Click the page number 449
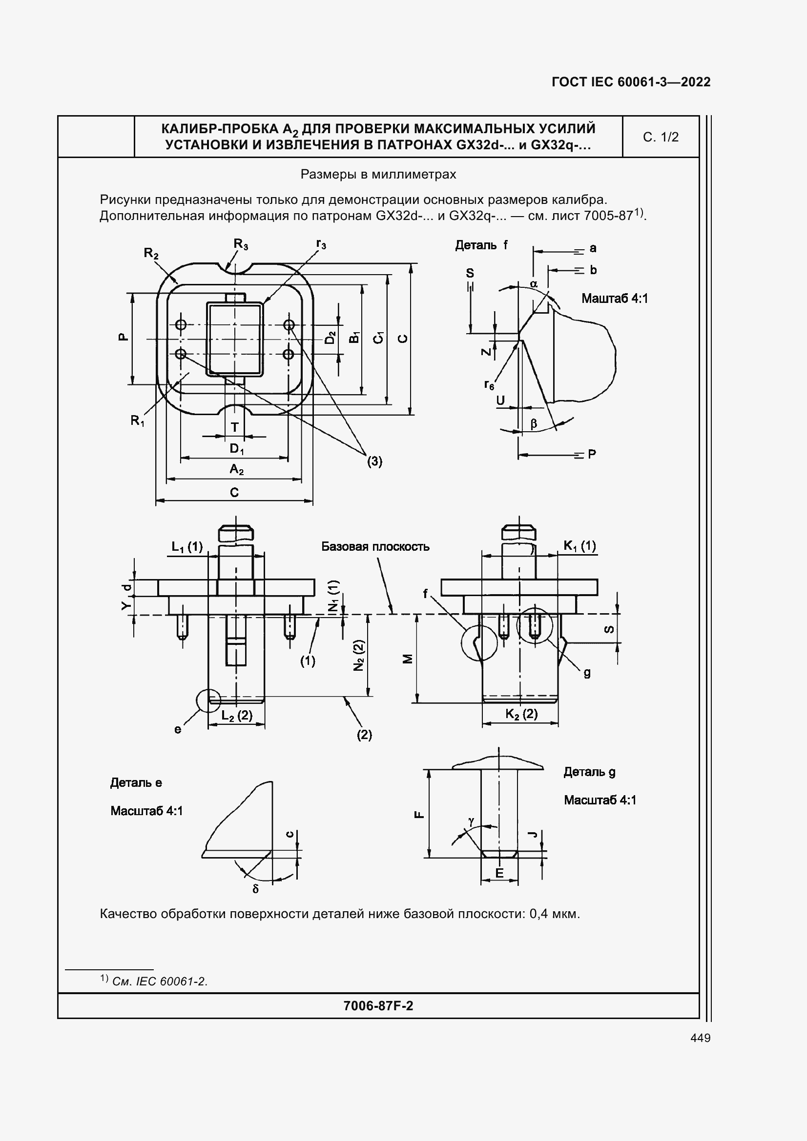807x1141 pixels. coord(700,1038)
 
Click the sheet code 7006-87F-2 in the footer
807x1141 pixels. coord(378,1006)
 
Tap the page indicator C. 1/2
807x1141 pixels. coord(661,137)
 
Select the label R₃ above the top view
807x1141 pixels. coord(241,244)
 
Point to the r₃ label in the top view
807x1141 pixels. coord(321,244)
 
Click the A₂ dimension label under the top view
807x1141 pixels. coord(237,469)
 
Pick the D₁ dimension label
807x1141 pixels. coord(237,449)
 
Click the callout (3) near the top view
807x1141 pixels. coord(374,461)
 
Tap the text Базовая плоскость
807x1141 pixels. coord(375,547)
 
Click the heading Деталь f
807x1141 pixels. coord(481,245)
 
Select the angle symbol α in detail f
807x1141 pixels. coord(534,284)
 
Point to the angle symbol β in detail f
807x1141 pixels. coord(534,423)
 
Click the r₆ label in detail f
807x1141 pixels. coord(489,384)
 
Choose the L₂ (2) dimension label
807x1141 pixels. coord(237,715)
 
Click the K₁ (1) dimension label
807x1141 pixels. coord(579,546)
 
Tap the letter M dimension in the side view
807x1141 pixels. coord(407,659)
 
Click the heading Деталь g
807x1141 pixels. coord(589,772)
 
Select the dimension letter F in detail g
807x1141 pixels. coord(419,815)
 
